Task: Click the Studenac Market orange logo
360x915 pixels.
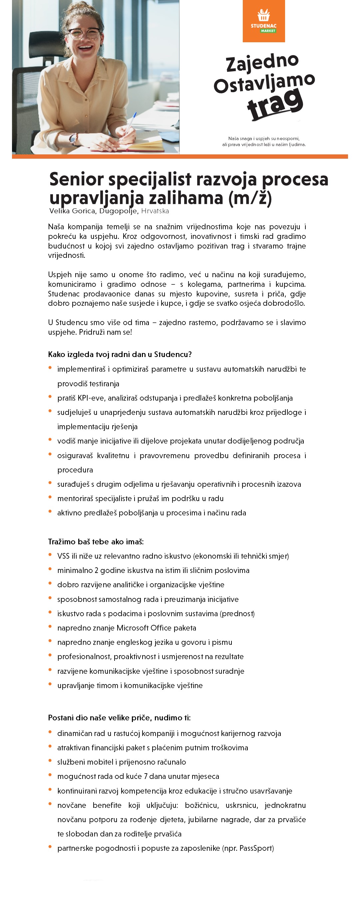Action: tap(264, 21)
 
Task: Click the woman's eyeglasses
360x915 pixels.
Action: tap(85, 34)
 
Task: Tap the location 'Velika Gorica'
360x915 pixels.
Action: tap(72, 211)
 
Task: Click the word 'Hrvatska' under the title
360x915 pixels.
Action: tap(155, 211)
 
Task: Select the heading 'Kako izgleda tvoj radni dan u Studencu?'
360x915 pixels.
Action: tap(120, 354)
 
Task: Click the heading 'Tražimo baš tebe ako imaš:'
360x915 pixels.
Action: tap(96, 542)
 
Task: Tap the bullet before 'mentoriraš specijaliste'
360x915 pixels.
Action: tap(50, 497)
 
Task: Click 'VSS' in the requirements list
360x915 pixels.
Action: tap(63, 556)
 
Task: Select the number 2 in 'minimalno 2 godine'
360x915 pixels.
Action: tap(96, 570)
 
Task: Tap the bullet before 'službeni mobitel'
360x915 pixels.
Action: tap(50, 761)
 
